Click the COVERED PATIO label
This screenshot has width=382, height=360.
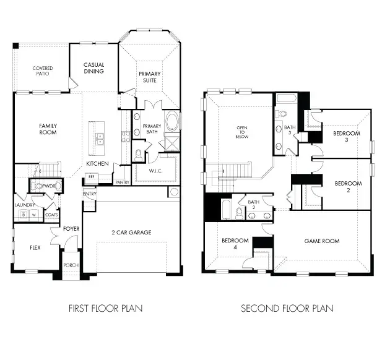[x=43, y=71]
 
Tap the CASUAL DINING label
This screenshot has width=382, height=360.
[x=94, y=68]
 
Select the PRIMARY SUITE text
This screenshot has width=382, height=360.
[x=149, y=77]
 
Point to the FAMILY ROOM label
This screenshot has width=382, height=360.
[x=48, y=129]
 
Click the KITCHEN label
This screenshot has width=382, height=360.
[x=97, y=163]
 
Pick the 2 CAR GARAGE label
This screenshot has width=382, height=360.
[x=132, y=233]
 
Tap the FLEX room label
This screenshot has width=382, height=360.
[x=35, y=247]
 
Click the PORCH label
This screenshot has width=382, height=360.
[x=71, y=265]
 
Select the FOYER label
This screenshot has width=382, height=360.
[x=71, y=228]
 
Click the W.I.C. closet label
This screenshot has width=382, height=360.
[x=155, y=170]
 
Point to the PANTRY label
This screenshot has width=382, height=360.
[x=121, y=182]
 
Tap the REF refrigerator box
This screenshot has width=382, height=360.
[x=92, y=177]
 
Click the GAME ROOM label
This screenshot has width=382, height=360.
[x=321, y=241]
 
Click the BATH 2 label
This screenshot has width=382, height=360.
[x=254, y=204]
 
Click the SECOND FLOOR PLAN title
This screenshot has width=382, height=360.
[x=287, y=307]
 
